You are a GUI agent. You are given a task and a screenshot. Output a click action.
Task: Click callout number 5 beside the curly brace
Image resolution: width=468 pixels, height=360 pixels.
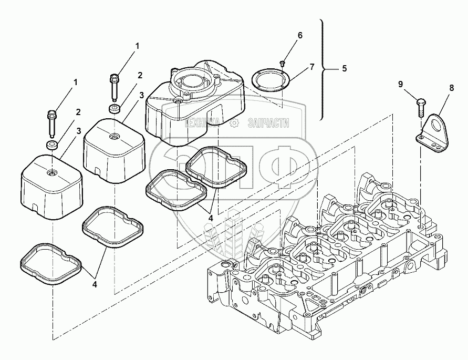point(345,68)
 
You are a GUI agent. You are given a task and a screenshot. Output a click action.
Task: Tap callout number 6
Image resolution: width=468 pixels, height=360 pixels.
point(300,35)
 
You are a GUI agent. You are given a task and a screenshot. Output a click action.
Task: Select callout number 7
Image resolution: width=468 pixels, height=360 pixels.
point(311,67)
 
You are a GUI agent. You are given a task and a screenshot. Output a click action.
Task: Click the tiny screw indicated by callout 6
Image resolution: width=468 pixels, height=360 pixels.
point(282,63)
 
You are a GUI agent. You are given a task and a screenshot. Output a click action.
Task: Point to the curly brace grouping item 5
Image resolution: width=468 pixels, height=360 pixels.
point(321,68)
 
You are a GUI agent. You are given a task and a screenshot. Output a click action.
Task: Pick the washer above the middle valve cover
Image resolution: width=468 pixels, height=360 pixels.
point(114,109)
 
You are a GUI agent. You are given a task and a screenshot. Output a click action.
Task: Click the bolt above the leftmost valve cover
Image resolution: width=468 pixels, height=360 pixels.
point(52,122)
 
